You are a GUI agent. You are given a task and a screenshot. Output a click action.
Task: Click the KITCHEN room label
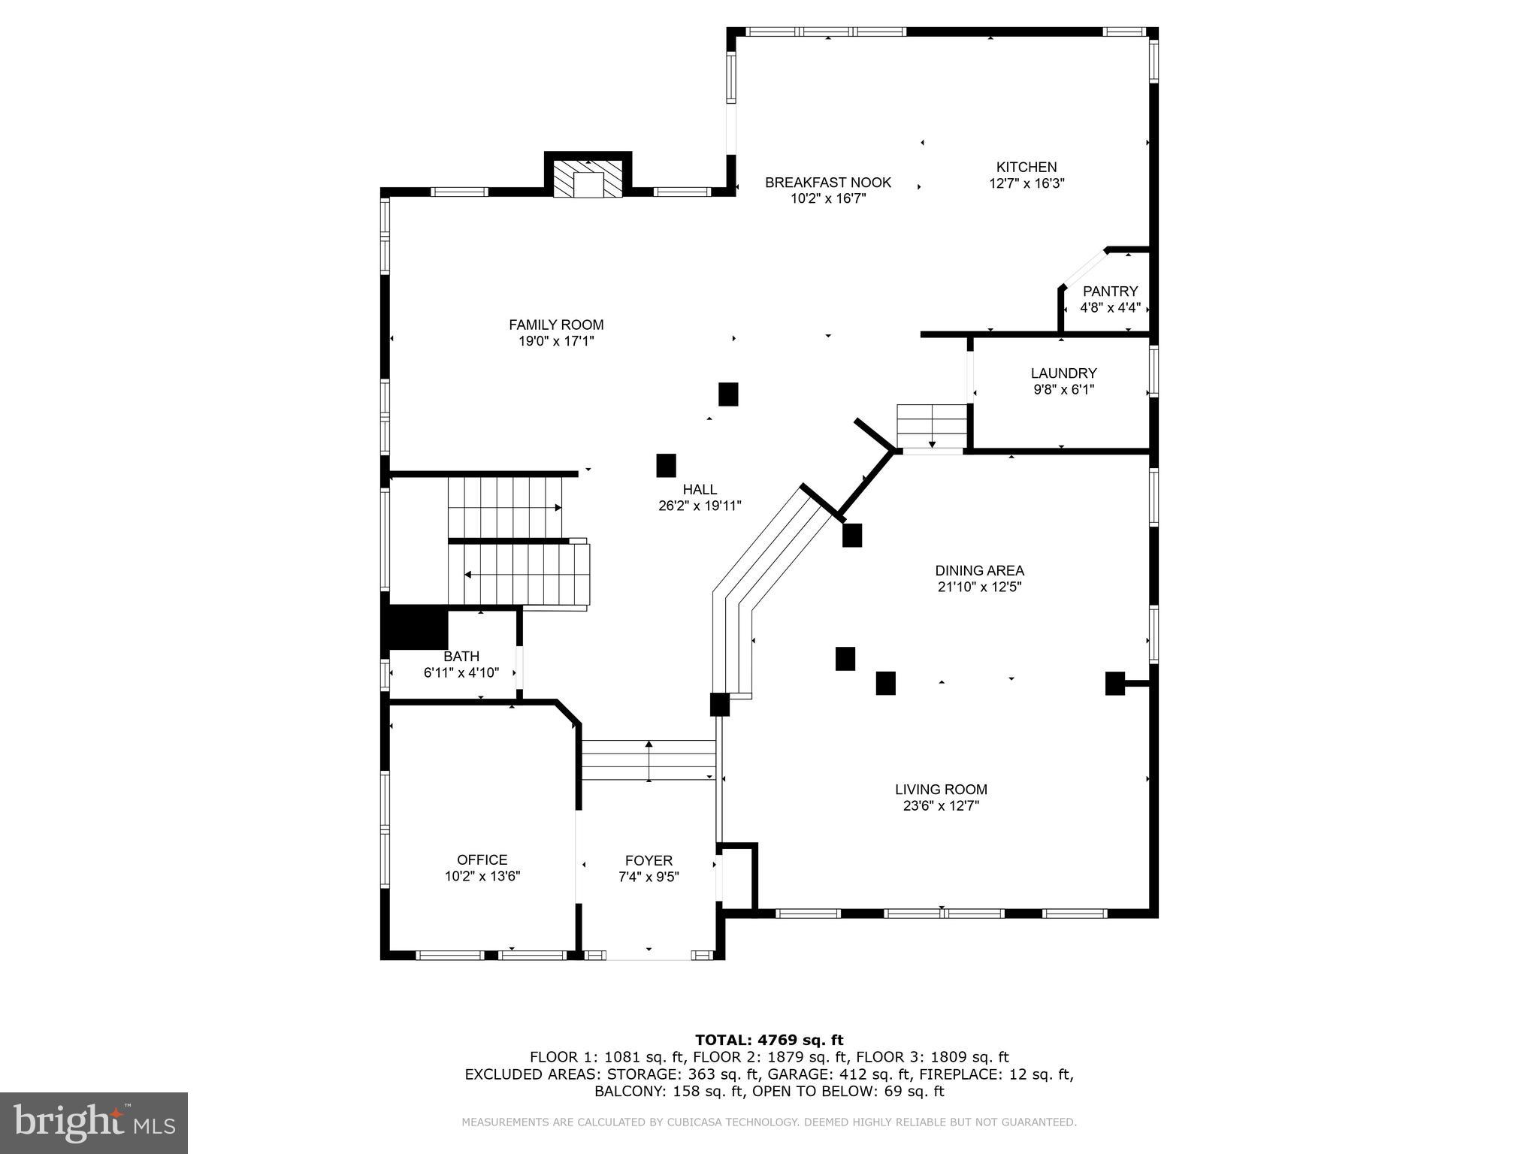(1027, 167)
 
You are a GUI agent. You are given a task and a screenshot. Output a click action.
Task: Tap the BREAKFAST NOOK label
(828, 182)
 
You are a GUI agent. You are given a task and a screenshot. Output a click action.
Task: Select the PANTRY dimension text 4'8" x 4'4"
(1110, 307)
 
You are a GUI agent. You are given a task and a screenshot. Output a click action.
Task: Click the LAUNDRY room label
(1063, 373)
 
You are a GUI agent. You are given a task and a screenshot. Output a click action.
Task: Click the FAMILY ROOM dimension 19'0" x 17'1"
(556, 341)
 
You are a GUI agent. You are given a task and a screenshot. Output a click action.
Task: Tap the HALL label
(700, 489)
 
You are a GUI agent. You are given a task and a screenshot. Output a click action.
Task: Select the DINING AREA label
(979, 570)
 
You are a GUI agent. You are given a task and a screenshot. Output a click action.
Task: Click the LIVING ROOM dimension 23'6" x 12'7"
(941, 806)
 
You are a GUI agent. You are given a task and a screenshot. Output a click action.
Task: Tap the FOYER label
(649, 860)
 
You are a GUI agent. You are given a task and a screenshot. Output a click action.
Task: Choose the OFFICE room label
(482, 859)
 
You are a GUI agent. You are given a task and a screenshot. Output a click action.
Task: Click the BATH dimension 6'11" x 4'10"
(461, 672)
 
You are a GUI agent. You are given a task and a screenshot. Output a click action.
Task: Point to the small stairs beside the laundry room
(931, 425)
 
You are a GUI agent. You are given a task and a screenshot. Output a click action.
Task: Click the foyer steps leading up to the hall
(649, 760)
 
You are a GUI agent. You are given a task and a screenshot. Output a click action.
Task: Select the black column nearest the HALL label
(666, 465)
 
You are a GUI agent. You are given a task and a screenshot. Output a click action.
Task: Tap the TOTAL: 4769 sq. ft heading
(769, 1040)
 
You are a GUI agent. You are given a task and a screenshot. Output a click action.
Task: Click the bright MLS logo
(94, 1122)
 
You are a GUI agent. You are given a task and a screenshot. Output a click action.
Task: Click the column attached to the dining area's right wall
(1114, 683)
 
